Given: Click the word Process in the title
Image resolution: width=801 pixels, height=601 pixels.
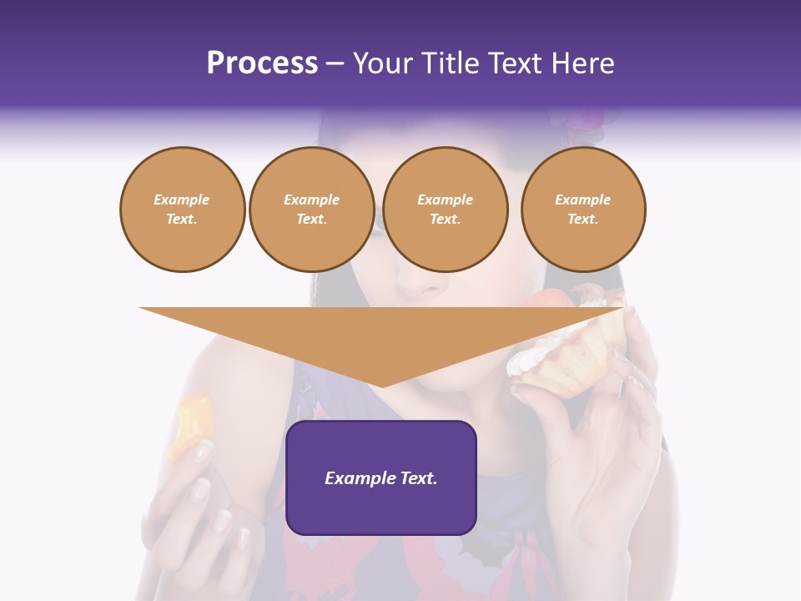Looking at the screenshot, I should tap(262, 63).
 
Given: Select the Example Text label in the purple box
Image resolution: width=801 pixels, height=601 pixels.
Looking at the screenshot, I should tap(381, 478).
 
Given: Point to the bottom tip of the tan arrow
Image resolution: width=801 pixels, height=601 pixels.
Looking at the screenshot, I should tap(382, 386).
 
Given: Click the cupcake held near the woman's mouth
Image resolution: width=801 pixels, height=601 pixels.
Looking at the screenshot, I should tap(567, 351).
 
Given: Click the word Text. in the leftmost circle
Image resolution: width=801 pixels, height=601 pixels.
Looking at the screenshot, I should tap(182, 220).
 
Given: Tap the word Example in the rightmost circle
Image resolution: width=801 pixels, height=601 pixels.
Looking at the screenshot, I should tap(583, 199).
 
